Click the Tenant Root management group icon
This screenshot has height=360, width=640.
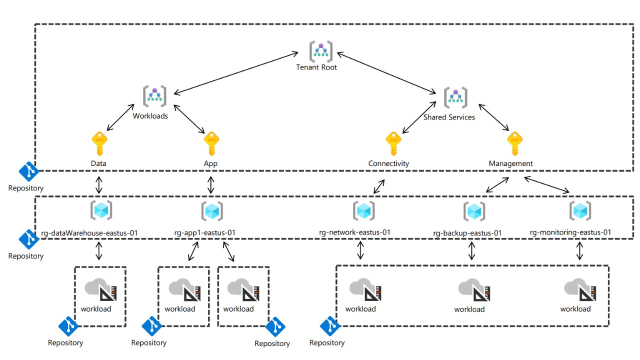pyautogui.click(x=320, y=50)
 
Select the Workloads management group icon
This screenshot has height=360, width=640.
pyautogui.click(x=154, y=96)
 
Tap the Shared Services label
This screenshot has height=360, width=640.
pyautogui.click(x=449, y=117)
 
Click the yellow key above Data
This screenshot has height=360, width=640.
pyautogui.click(x=99, y=144)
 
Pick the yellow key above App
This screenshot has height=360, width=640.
pyautogui.click(x=211, y=144)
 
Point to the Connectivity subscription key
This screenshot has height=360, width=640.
pyautogui.click(x=393, y=144)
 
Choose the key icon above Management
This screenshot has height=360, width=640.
pyautogui.click(x=514, y=144)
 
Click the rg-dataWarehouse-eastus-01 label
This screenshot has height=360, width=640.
pyautogui.click(x=89, y=232)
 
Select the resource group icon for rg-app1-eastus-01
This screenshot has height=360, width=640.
pyautogui.click(x=211, y=211)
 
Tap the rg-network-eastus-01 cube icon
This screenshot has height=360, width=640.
pyautogui.click(x=363, y=211)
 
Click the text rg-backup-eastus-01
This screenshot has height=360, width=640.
pyautogui.click(x=467, y=233)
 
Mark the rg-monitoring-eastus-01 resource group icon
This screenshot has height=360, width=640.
pyautogui.click(x=580, y=211)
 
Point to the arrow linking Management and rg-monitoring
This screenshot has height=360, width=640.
pyautogui.click(x=546, y=184)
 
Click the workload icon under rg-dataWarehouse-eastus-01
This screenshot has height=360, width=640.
pyautogui.click(x=100, y=290)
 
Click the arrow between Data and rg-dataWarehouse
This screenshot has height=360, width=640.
pyautogui.click(x=99, y=184)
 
